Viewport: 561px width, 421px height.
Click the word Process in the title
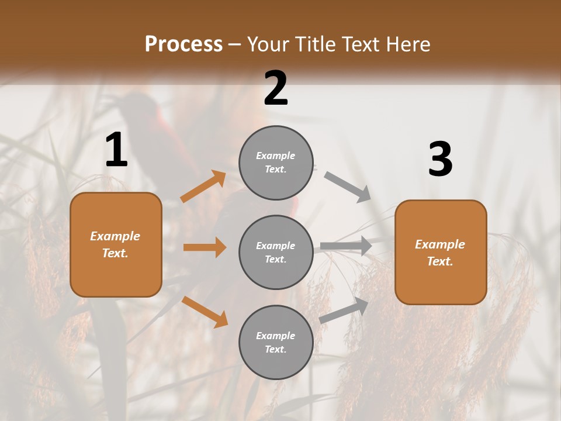(183, 44)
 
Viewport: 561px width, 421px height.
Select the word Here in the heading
(407, 44)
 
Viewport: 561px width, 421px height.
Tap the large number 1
(116, 150)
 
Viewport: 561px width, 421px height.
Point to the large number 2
(276, 88)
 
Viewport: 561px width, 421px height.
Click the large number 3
(440, 160)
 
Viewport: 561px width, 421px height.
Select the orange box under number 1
(116, 244)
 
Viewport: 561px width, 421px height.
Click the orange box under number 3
(441, 253)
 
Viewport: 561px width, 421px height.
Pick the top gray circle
(276, 163)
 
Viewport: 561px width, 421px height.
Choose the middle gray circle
(276, 252)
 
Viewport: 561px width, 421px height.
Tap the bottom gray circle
(276, 342)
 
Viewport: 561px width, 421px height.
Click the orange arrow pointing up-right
(203, 187)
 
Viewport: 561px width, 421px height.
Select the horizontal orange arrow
(205, 247)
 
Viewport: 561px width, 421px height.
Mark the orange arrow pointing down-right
(205, 312)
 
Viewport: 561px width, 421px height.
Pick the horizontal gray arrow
(346, 246)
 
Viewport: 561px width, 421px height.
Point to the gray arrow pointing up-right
(344, 310)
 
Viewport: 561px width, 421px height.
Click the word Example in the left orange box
(115, 236)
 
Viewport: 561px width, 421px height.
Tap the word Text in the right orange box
(439, 261)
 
